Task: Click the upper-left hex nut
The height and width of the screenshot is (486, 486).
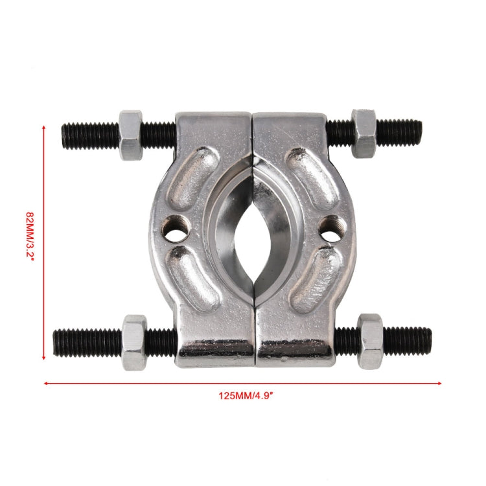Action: pyautogui.click(x=130, y=135)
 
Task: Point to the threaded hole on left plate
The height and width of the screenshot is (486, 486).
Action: pyautogui.click(x=176, y=231)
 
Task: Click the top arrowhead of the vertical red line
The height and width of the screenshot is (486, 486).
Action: pyautogui.click(x=44, y=128)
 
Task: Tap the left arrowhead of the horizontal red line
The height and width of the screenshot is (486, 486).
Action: pyautogui.click(x=45, y=383)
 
